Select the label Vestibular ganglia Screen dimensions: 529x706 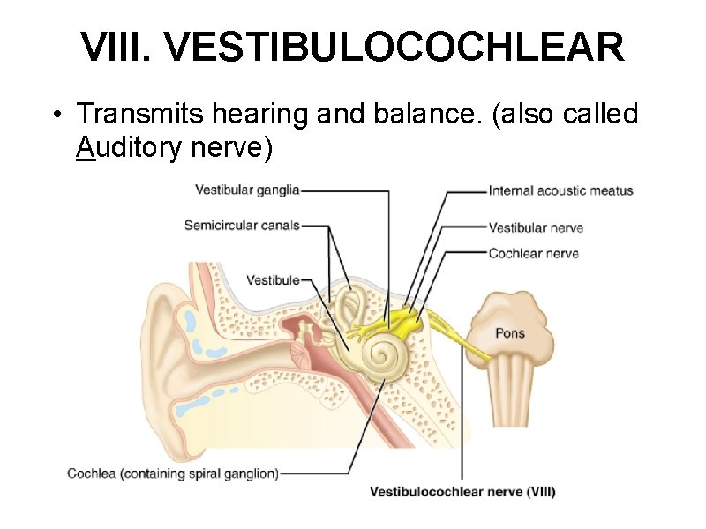247,190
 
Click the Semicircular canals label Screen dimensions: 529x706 242,226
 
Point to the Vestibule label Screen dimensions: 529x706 273,280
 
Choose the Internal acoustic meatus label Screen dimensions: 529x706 560,190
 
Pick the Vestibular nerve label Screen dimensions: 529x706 536,227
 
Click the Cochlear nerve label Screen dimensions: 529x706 533,254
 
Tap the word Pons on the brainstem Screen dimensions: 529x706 509,332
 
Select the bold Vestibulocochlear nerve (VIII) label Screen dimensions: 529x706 462,492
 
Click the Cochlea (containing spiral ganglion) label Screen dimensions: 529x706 173,473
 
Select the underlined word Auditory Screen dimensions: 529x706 128,148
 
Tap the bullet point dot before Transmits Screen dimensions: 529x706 57,115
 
